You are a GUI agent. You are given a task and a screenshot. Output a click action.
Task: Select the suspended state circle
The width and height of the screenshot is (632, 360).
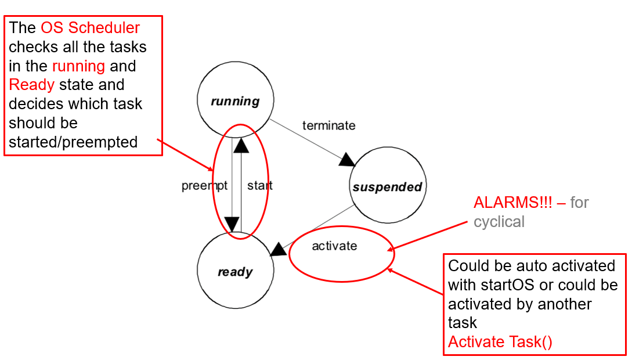coord(387,186)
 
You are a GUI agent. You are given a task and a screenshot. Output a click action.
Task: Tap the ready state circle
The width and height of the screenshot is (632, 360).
coord(235,271)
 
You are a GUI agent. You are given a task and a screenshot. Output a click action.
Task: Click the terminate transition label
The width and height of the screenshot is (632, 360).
coord(328,125)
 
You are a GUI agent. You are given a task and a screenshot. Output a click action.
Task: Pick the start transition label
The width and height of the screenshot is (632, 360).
coord(259,186)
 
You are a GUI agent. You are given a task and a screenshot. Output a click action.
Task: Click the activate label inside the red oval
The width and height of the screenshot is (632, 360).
coord(334,246)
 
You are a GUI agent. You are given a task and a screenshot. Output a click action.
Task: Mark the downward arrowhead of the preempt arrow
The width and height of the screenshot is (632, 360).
coord(232,224)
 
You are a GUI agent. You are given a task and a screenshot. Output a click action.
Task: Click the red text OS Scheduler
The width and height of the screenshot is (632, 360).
coord(91,28)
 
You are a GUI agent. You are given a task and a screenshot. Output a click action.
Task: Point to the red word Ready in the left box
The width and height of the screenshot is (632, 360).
coord(32,85)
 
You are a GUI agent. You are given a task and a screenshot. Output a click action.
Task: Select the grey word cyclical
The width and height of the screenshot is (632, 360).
coord(499,222)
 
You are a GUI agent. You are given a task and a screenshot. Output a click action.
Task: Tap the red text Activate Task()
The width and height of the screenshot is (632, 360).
coord(500,341)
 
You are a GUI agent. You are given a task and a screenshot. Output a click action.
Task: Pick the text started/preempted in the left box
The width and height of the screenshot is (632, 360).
coord(73,142)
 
